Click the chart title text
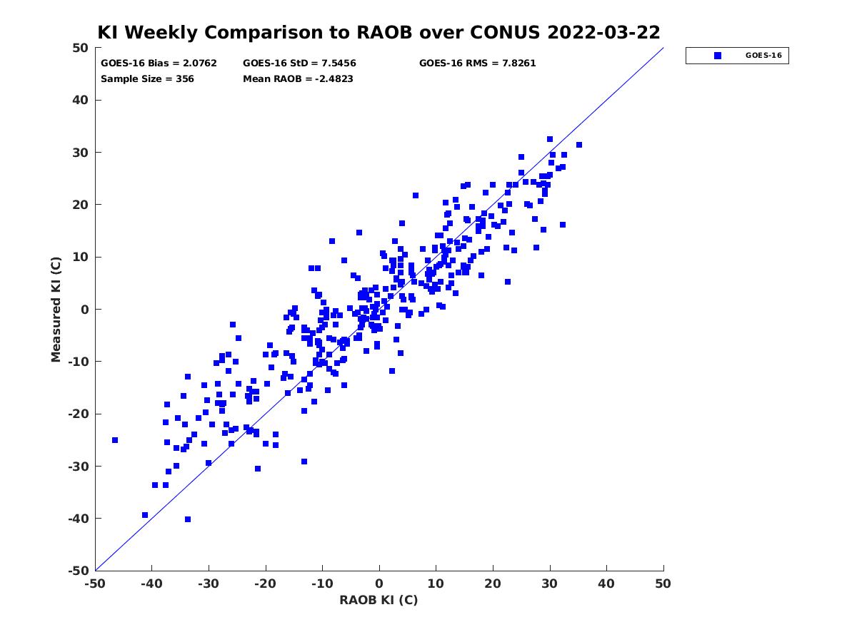(x=379, y=33)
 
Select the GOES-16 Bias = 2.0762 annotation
(x=159, y=63)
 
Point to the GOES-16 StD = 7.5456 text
(x=299, y=63)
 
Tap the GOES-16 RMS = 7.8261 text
(x=477, y=63)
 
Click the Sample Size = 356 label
(x=147, y=78)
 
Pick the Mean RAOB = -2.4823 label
(x=298, y=78)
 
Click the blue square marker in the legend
(x=717, y=56)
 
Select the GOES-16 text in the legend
(x=763, y=56)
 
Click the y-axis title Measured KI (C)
(x=56, y=309)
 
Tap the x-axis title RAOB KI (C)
(x=379, y=599)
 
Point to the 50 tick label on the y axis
(x=81, y=48)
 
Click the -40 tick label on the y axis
(x=79, y=519)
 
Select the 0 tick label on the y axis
(x=85, y=310)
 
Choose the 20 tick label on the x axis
(x=492, y=584)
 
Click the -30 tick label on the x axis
(x=208, y=584)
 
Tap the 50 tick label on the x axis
(x=663, y=584)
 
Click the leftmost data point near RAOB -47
(x=115, y=440)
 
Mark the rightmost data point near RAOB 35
(x=579, y=145)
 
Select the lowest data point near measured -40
(x=188, y=519)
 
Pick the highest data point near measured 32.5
(x=550, y=139)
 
